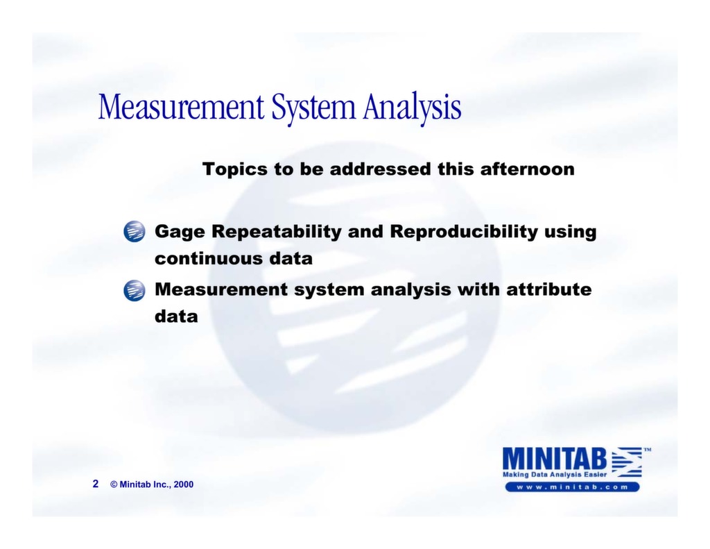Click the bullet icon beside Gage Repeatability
pos(135,231)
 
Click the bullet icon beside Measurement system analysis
pos(135,289)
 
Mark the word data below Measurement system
pos(176,316)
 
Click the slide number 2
pos(96,484)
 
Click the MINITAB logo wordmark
pos(555,458)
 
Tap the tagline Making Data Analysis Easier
pos(555,474)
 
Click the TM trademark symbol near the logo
pos(647,450)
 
